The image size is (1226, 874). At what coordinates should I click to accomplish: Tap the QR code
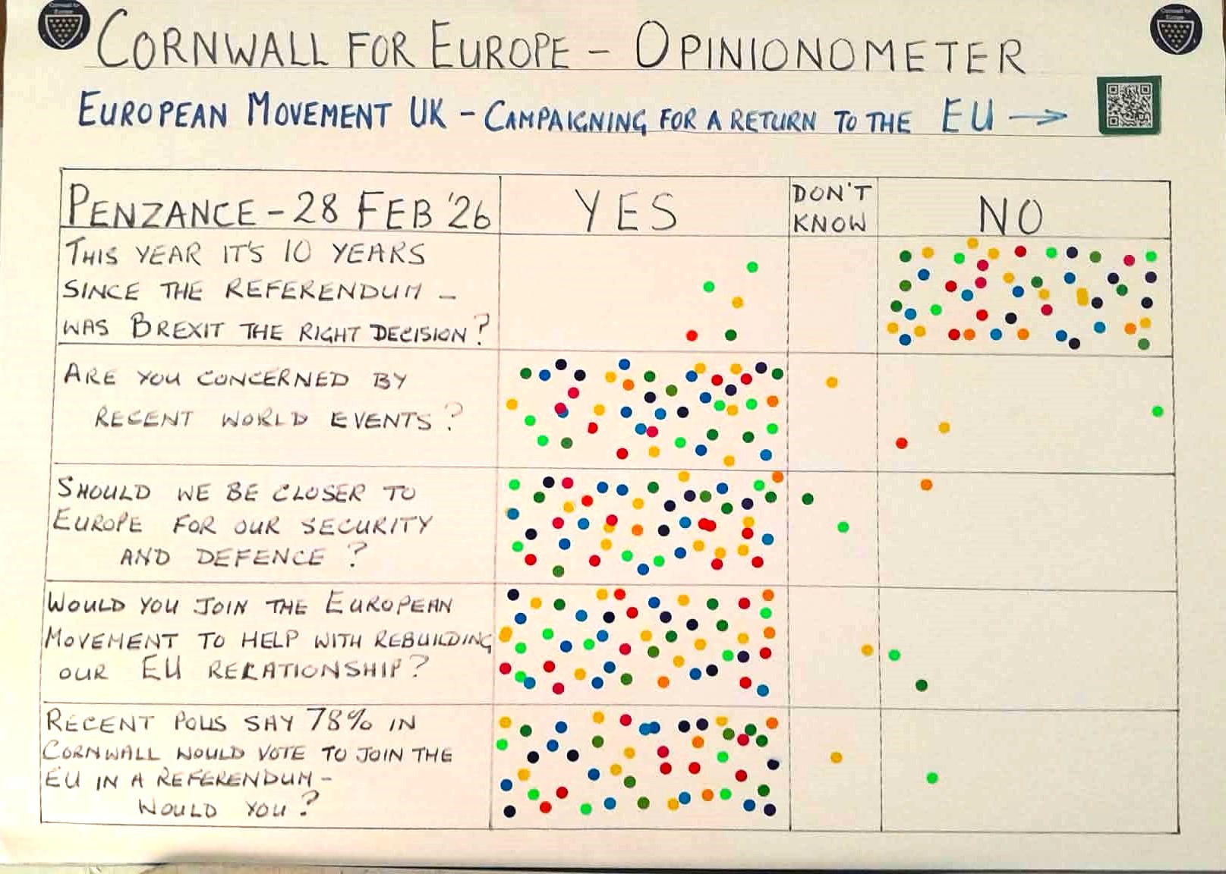point(1129,105)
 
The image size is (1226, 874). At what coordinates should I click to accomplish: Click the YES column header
point(626,211)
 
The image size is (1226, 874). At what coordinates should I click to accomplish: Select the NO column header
point(1010,216)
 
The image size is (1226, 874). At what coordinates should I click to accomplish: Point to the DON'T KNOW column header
point(830,208)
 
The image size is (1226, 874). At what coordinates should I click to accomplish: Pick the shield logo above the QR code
point(1176,29)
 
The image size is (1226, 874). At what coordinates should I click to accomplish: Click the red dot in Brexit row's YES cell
point(692,335)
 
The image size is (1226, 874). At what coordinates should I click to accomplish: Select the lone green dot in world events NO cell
point(1157,411)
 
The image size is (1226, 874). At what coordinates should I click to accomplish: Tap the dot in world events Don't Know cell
point(832,382)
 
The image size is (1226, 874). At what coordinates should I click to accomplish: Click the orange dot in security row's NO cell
point(926,485)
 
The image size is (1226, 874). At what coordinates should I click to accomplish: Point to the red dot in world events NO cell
point(901,443)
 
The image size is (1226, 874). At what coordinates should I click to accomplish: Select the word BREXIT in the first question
point(178,328)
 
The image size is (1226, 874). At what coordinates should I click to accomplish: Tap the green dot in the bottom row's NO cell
point(932,778)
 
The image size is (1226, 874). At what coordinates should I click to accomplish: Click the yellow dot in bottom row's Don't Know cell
point(836,757)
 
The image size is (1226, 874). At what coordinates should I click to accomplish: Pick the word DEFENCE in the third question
point(260,558)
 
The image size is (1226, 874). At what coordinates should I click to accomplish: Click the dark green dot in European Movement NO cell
point(922,686)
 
